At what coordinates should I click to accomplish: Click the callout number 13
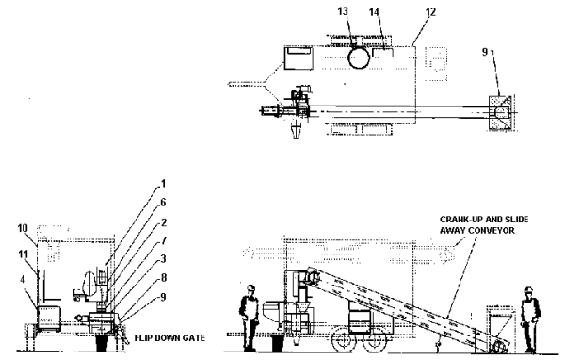click(x=343, y=11)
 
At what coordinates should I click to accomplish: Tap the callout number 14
click(x=375, y=12)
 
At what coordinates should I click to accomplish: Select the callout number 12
click(x=430, y=12)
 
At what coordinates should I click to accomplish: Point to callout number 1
click(x=163, y=184)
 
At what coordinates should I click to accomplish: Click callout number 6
click(x=163, y=203)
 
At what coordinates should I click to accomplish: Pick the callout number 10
click(x=23, y=228)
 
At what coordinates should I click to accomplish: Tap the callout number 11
click(x=23, y=254)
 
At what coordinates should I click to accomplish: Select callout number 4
click(x=23, y=279)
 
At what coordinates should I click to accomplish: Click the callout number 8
click(x=164, y=277)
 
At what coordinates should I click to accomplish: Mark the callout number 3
click(x=163, y=258)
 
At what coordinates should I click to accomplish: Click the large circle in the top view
click(x=359, y=57)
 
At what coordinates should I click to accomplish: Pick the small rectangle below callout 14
click(x=382, y=53)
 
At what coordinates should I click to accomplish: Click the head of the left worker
click(x=250, y=289)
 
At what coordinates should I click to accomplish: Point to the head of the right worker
click(x=528, y=291)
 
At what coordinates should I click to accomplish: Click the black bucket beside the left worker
click(x=277, y=343)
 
